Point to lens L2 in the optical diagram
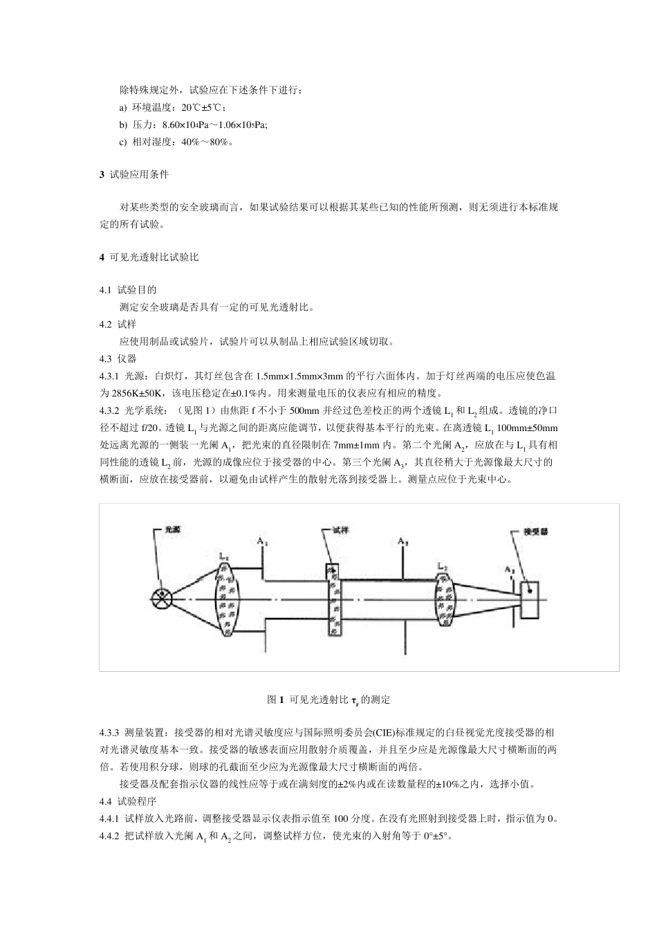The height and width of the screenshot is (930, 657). tap(447, 599)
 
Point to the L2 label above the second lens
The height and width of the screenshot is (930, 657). tap(443, 566)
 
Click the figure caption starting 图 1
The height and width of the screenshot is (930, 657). tap(328, 700)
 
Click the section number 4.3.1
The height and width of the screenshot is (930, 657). tap(109, 376)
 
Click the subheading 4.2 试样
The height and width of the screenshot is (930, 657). tap(118, 324)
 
